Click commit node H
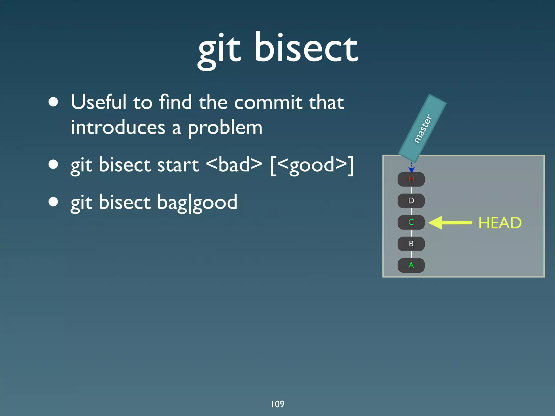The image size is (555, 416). click(411, 179)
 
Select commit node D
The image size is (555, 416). click(411, 201)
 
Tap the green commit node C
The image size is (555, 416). click(411, 222)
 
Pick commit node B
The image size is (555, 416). click(411, 244)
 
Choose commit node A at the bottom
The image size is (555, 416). click(411, 265)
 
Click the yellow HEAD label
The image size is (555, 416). click(500, 223)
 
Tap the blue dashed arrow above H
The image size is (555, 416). click(411, 167)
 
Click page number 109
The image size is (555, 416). click(277, 404)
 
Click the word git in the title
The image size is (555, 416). click(220, 51)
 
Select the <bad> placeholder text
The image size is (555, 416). click(234, 165)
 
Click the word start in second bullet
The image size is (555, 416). click(178, 165)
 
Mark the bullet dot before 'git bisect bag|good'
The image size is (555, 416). click(53, 202)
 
